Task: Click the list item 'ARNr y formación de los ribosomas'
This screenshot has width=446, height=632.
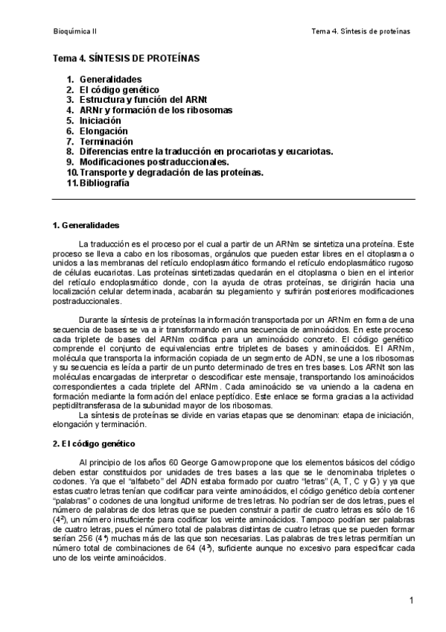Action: click(x=156, y=110)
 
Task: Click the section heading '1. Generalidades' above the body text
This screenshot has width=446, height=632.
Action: click(x=86, y=225)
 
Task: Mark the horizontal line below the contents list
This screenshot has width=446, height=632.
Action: click(x=233, y=200)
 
